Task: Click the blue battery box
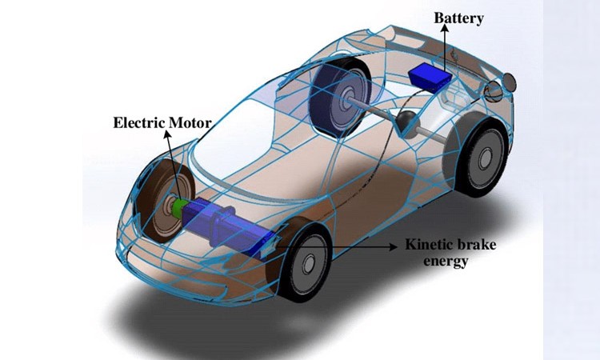[x=431, y=76]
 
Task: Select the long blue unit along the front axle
[x=228, y=225]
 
